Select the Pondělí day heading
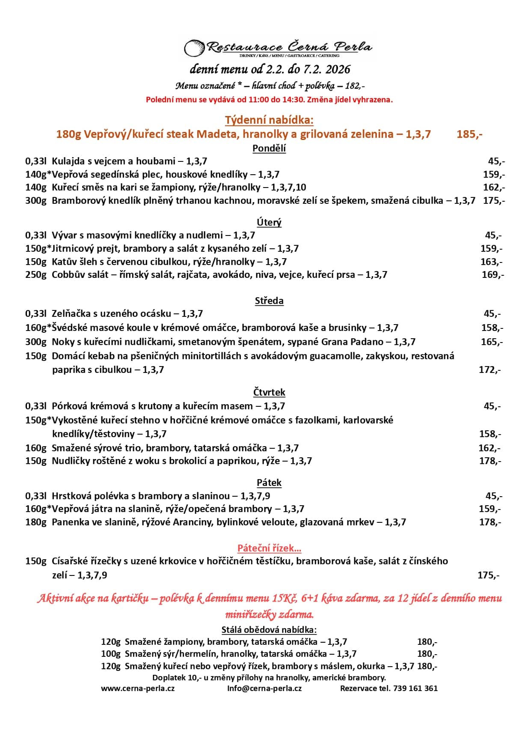pos(269,148)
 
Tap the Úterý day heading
pos(269,222)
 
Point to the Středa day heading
pos(269,301)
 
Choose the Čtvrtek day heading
pos(269,392)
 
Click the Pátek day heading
pos(269,483)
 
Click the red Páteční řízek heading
pos(269,548)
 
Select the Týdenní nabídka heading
pos(269,120)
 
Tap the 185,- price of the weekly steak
pos(469,134)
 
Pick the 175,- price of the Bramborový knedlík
pos(494,200)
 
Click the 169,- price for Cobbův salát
pos(492,274)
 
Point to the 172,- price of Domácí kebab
pos(489,370)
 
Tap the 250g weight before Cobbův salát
pos(36,274)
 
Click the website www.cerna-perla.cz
pos(138,688)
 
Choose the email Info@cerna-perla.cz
pos(264,688)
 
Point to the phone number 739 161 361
pos(415,688)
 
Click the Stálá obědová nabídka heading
pos(269,629)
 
